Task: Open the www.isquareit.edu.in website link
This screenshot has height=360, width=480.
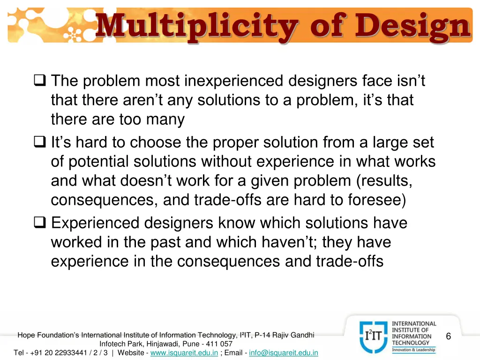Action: coord(184,352)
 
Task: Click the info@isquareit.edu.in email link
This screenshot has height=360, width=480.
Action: coord(284,352)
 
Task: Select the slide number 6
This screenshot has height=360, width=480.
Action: coord(449,337)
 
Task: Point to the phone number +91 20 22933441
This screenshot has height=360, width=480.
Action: coord(60,352)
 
